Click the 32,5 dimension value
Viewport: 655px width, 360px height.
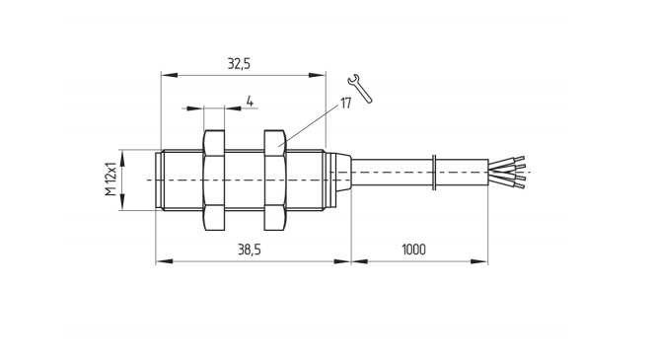click(239, 64)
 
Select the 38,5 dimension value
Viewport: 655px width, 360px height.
click(250, 250)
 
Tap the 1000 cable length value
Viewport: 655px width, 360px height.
click(413, 250)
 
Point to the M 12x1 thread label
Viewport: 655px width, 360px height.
click(110, 179)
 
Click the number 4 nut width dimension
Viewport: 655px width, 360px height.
click(250, 101)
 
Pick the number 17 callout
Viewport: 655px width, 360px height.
click(346, 104)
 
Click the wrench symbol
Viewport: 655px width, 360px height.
click(360, 88)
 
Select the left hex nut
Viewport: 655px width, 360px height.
click(214, 180)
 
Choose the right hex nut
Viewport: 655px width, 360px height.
click(275, 180)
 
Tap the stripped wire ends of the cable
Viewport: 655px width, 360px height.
click(507, 172)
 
